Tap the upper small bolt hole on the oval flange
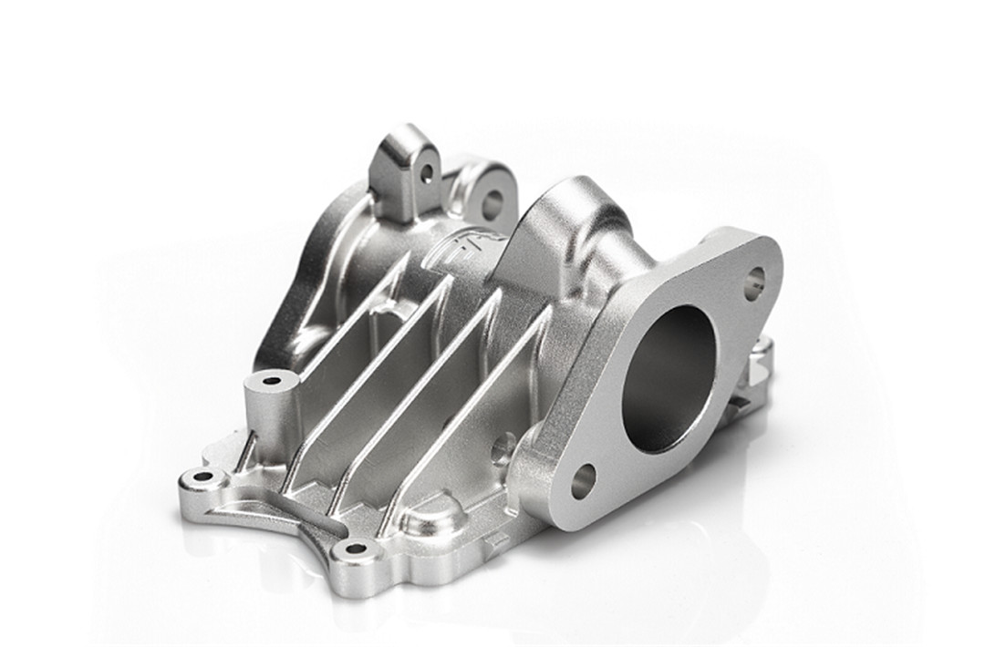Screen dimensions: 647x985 753,282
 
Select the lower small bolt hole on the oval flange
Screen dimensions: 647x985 583,480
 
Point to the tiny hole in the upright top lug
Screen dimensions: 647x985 426,172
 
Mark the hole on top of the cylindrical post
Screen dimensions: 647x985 272,380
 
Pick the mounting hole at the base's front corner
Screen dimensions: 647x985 355,549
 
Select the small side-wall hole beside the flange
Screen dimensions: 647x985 503,447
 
